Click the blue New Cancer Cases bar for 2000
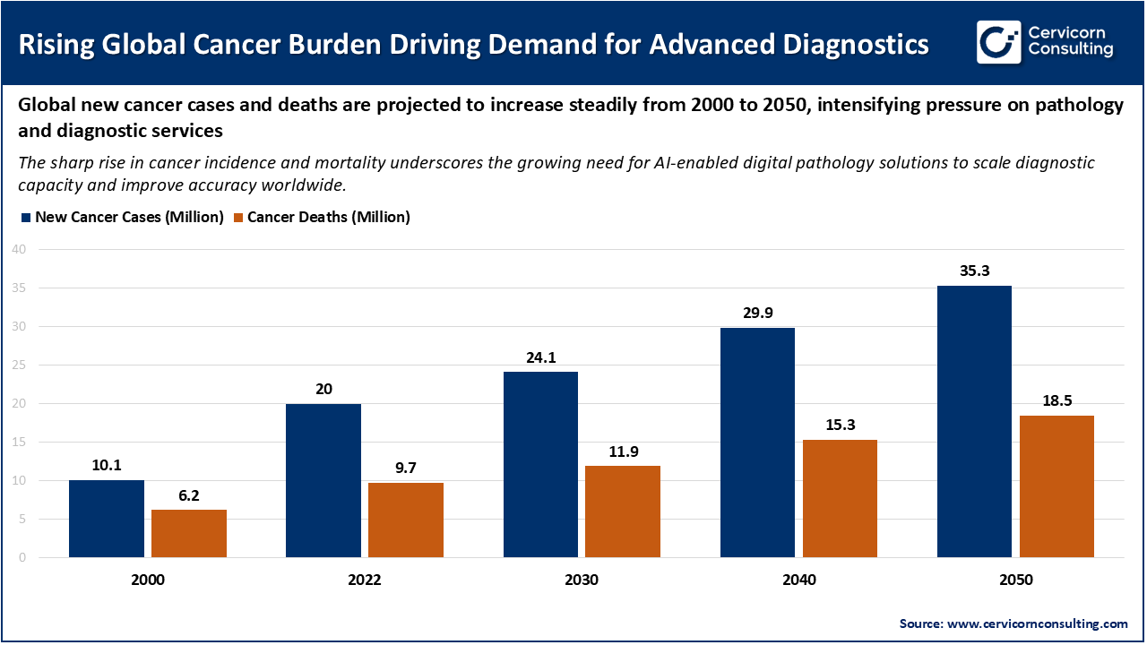point(106,519)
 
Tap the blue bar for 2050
point(974,421)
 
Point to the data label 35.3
point(974,271)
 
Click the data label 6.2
point(189,494)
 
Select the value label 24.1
point(540,357)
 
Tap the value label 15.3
point(840,425)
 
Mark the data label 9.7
point(405,468)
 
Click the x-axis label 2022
point(365,580)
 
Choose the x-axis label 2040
point(798,580)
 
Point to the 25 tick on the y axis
point(19,365)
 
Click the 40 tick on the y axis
point(19,250)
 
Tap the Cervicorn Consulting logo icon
point(998,42)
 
